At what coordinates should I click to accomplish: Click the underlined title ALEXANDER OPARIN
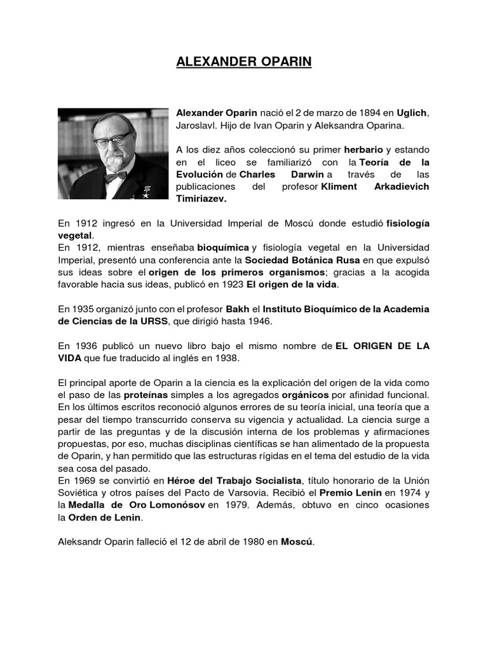coord(243,63)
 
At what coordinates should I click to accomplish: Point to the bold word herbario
coord(364,150)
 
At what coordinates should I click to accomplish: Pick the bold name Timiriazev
coord(201,199)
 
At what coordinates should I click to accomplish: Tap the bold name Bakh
coord(238,308)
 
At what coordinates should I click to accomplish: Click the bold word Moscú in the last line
coord(297,542)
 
